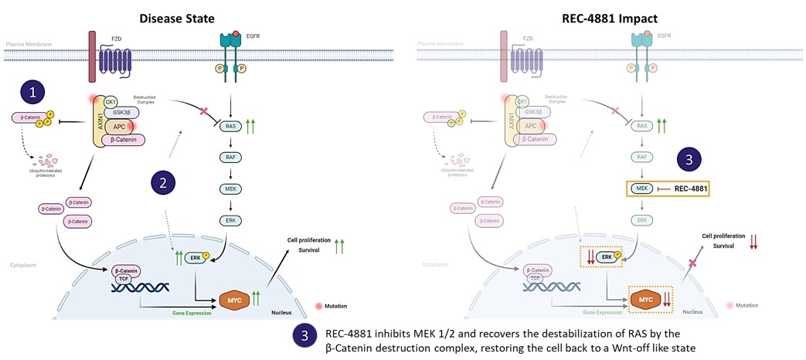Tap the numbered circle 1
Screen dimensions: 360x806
tap(32, 92)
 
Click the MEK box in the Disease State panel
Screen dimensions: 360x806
tap(230, 188)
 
